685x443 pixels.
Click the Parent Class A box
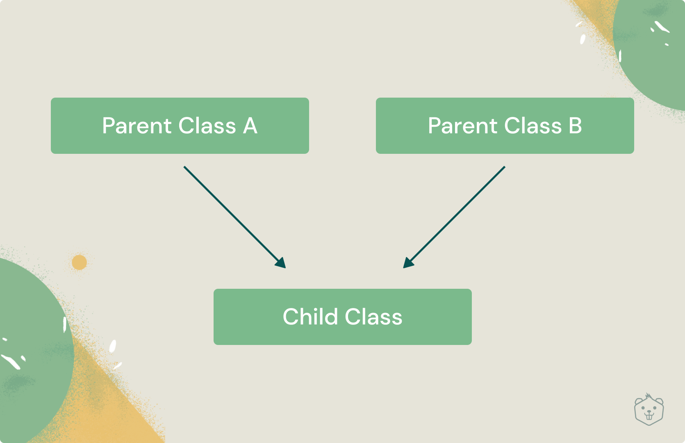click(x=180, y=126)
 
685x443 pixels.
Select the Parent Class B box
click(x=505, y=126)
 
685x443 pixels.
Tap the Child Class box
click(x=343, y=317)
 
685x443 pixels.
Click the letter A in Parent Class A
click(x=250, y=126)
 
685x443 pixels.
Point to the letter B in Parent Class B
click(x=575, y=126)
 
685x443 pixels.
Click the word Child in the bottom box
click(x=310, y=316)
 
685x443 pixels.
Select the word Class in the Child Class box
click(x=373, y=316)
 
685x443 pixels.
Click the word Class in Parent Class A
click(x=207, y=126)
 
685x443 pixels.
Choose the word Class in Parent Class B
click(x=533, y=126)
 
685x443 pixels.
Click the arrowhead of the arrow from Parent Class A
click(x=281, y=263)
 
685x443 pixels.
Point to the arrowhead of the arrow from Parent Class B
click(x=409, y=263)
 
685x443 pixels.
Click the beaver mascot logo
click(x=649, y=410)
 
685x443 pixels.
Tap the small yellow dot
click(x=79, y=263)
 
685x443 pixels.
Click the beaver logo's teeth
click(x=649, y=416)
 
